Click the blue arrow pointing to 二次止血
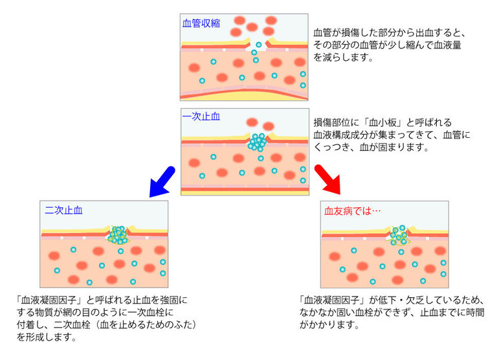pos(162,179)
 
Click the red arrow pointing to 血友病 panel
pos(328,179)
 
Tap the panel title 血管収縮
pos(201,23)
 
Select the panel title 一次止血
pos(201,117)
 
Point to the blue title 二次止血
pos(64,210)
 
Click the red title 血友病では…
pos(353,210)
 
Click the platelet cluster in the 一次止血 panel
pos(258,142)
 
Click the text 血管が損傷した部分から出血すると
pos(390,32)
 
